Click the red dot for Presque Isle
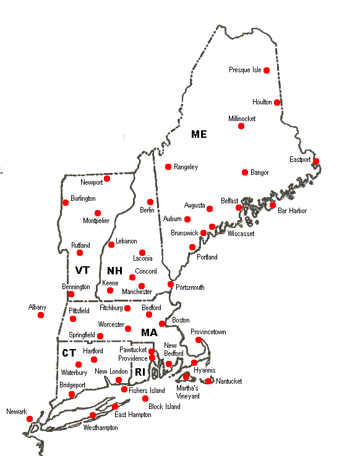[267, 70]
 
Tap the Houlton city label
[262, 102]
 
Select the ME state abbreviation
[199, 134]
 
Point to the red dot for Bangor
[245, 172]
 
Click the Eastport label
[301, 159]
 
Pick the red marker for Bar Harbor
[273, 205]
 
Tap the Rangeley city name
[186, 167]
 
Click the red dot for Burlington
[66, 202]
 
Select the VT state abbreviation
[82, 271]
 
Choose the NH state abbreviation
[114, 271]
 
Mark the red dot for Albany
[41, 315]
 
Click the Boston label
[181, 320]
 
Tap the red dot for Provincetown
[199, 340]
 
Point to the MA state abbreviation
[149, 332]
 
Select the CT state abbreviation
[69, 352]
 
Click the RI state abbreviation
[140, 371]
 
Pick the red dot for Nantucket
[208, 381]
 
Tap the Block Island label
[165, 407]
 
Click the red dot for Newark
[29, 419]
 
